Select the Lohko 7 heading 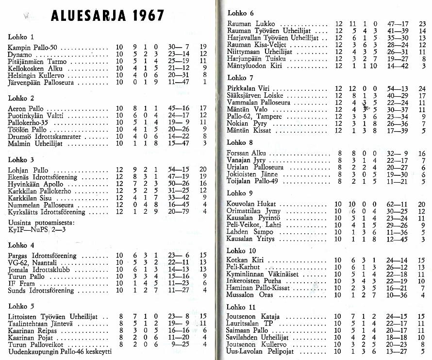point(240,78)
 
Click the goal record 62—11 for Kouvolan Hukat point(397,204)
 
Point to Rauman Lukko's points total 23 point(422,24)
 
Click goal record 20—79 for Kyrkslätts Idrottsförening point(179,212)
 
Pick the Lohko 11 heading point(241,307)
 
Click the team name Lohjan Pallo point(28,171)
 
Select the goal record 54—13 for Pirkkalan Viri point(397,89)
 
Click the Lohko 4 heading point(21,245)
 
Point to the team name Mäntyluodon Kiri point(254,65)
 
